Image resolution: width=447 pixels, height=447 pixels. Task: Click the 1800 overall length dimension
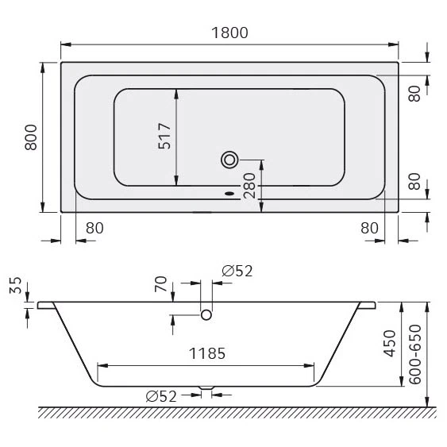coord(229,33)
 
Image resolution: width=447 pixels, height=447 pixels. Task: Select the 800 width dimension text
coord(30,140)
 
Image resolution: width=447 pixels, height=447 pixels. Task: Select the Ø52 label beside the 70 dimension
coord(237,272)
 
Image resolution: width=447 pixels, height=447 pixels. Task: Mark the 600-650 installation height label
coord(414,353)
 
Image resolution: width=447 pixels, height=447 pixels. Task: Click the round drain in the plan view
coord(230,160)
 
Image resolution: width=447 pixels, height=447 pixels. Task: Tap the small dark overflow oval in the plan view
coord(230,191)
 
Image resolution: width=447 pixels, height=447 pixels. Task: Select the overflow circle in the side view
coord(206,315)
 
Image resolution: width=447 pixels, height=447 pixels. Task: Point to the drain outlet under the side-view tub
coord(206,389)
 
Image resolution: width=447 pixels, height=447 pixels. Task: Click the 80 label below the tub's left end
coord(94,228)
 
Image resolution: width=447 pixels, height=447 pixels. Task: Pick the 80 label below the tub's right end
coord(368,228)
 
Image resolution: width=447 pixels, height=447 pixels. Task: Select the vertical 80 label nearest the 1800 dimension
coord(413,93)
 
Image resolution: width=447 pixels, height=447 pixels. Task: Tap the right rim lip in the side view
coord(368,305)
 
